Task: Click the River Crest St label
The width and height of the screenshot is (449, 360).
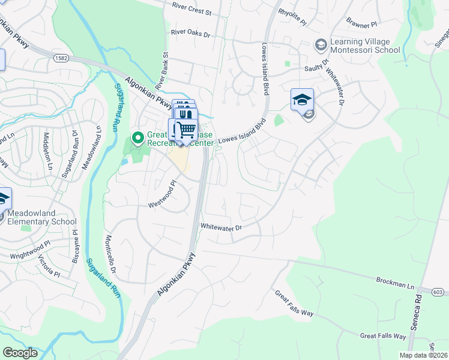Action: click(x=192, y=12)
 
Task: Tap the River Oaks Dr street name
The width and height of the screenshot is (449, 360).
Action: click(x=190, y=34)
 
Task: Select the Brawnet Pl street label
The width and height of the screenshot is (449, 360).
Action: click(x=361, y=25)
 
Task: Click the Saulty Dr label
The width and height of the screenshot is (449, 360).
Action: click(x=318, y=65)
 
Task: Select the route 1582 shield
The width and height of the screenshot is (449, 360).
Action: click(x=60, y=58)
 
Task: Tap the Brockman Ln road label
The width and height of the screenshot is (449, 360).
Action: click(x=395, y=280)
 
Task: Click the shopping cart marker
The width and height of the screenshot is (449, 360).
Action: click(x=186, y=130)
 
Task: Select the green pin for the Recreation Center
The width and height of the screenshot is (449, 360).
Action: click(x=137, y=139)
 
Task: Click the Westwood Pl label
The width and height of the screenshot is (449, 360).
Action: click(x=163, y=194)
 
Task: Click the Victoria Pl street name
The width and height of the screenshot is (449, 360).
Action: click(x=50, y=267)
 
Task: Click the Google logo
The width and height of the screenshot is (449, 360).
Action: click(x=20, y=353)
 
